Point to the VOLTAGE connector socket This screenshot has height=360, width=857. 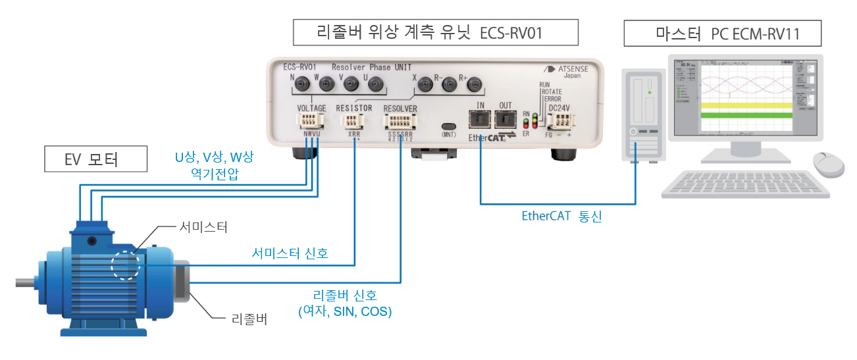click(x=309, y=121)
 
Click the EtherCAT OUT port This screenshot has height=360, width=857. click(x=506, y=120)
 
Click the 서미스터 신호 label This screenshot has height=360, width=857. click(x=290, y=253)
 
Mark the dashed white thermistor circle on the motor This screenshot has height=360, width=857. click(x=126, y=265)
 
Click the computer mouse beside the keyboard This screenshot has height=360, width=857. click(x=828, y=163)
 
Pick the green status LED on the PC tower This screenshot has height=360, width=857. click(x=650, y=93)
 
